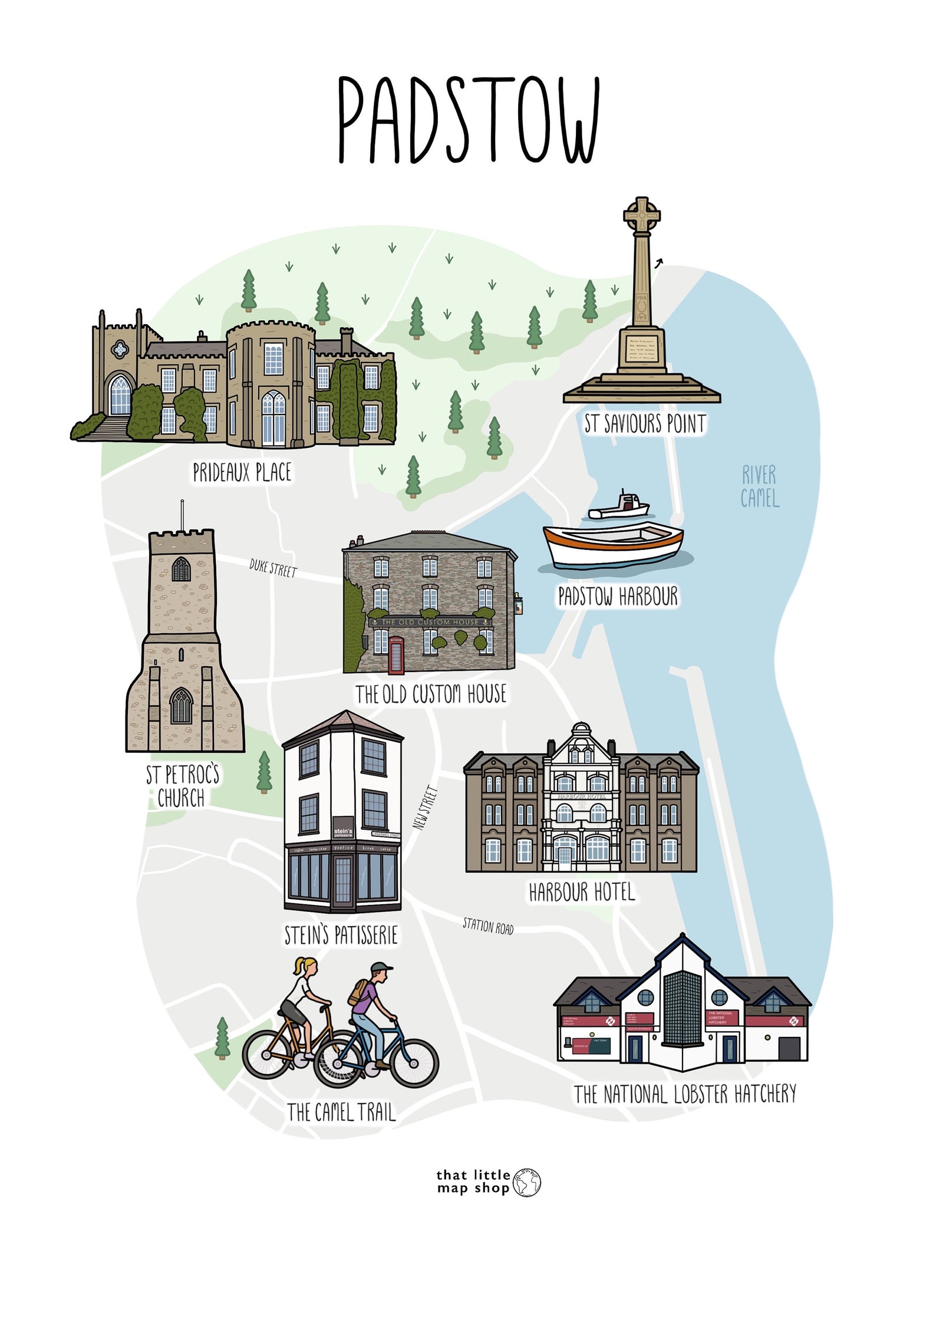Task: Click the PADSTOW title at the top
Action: (469, 121)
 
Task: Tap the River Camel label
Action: (760, 487)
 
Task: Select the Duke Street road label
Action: (273, 568)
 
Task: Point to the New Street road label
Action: (426, 808)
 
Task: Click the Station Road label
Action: (488, 926)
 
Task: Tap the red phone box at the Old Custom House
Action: (396, 655)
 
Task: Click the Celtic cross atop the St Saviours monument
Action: (642, 215)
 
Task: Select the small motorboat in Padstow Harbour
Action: (620, 508)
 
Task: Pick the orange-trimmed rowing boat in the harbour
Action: (613, 544)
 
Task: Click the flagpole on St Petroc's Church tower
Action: (182, 515)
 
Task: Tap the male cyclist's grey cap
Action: (381, 967)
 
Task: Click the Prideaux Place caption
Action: (242, 472)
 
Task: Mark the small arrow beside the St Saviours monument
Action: (658, 263)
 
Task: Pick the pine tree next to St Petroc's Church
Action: (265, 772)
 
